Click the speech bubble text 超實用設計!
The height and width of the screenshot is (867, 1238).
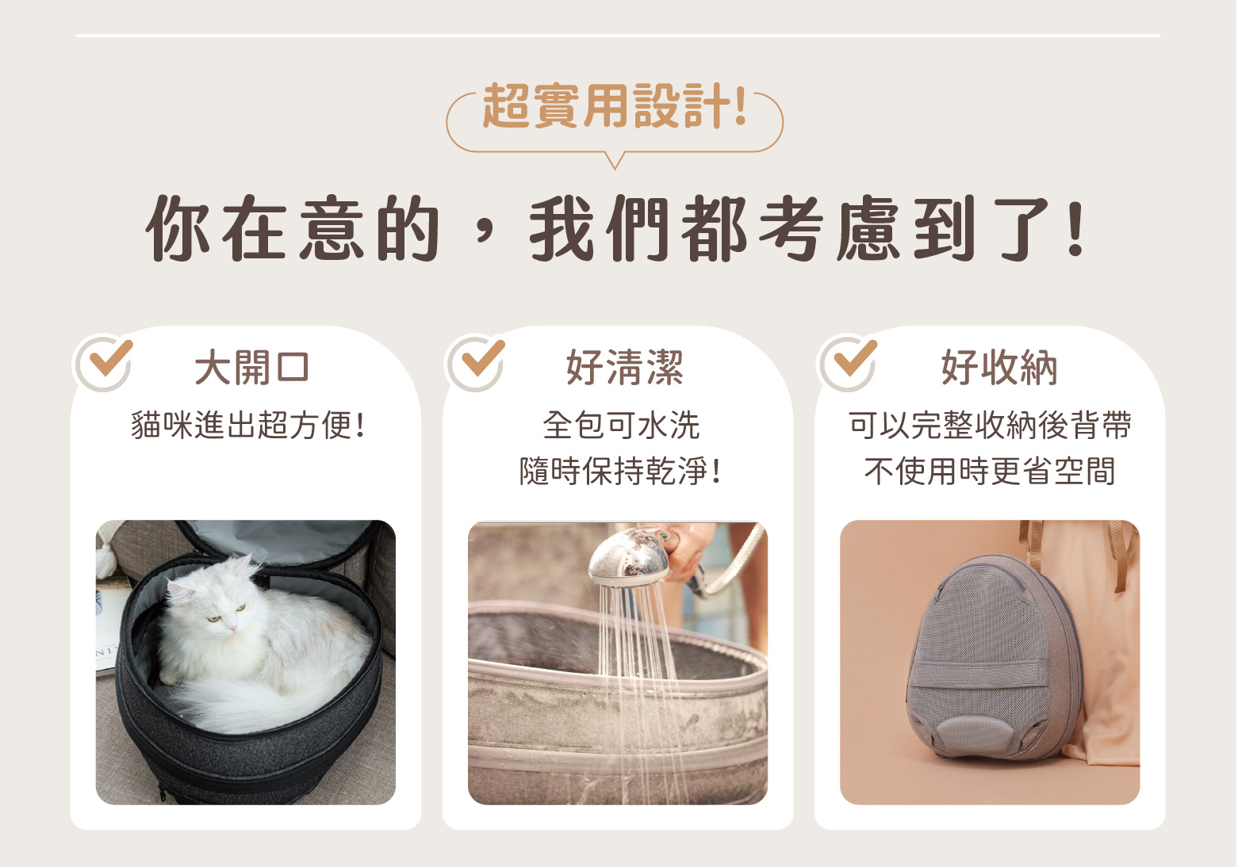pyautogui.click(x=615, y=106)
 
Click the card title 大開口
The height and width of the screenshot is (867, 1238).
pyautogui.click(x=251, y=368)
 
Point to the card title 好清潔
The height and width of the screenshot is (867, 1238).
pyautogui.click(x=624, y=368)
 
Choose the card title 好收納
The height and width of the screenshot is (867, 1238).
pyautogui.click(x=999, y=368)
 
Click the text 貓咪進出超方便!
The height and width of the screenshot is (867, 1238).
pyautogui.click(x=247, y=426)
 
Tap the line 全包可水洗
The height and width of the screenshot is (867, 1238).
pyautogui.click(x=621, y=426)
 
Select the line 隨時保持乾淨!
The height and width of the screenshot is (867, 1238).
pyautogui.click(x=620, y=471)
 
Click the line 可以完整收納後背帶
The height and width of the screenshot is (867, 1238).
pyautogui.click(x=990, y=426)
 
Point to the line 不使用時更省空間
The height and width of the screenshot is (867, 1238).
pyautogui.click(x=990, y=471)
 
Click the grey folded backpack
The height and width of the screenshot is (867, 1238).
pyautogui.click(x=992, y=657)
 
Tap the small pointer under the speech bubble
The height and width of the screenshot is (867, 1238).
pyautogui.click(x=615, y=161)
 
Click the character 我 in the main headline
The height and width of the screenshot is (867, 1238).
pyautogui.click(x=562, y=227)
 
